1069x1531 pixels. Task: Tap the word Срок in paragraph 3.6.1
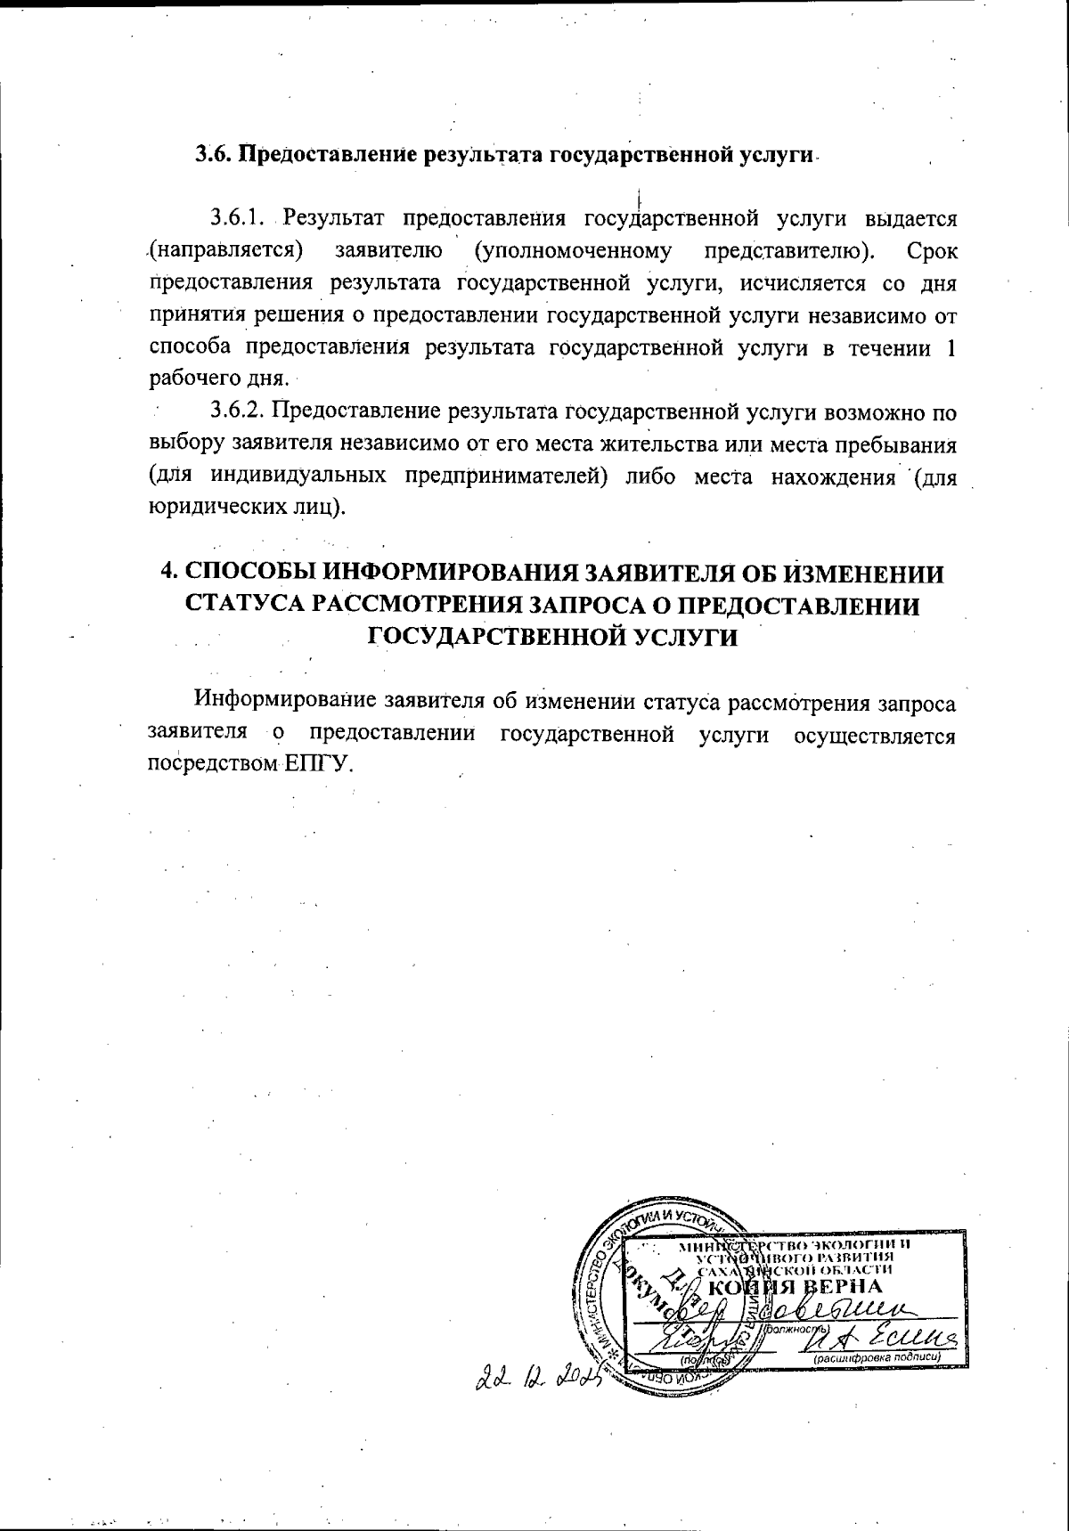(933, 251)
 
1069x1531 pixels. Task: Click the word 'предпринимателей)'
(507, 476)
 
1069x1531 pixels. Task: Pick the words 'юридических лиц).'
(246, 509)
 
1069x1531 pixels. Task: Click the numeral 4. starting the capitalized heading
(167, 572)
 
